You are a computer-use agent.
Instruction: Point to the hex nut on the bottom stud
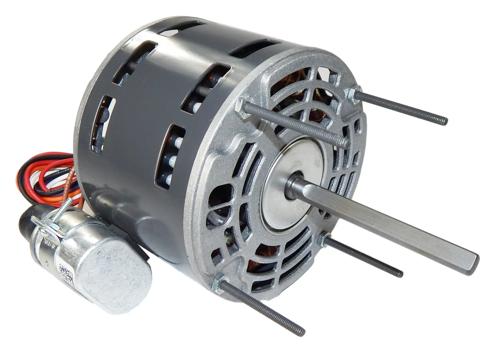220,283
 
